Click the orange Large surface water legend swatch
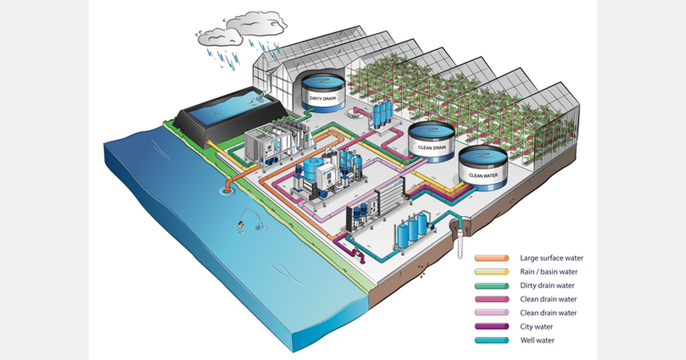491,258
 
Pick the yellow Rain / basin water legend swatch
491,271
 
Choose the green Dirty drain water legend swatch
491,285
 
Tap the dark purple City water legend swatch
491,327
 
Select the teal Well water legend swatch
491,341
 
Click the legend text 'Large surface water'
551,258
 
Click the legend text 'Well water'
537,341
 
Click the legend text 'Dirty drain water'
547,285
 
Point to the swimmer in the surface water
242,224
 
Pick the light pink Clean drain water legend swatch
491,313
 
